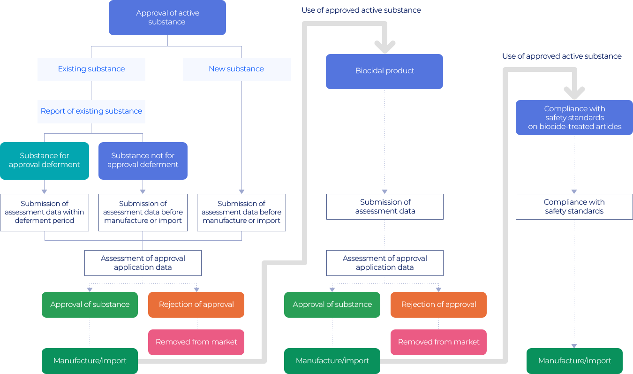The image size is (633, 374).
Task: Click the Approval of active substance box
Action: click(167, 18)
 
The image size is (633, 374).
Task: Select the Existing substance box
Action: click(91, 69)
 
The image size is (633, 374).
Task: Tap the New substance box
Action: click(236, 69)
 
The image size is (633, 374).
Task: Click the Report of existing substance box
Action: click(91, 111)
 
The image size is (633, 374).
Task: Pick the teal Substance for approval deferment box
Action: click(45, 160)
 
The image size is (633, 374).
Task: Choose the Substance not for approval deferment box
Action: click(143, 160)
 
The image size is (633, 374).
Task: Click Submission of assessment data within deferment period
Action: click(45, 212)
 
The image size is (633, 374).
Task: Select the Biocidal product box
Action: click(384, 71)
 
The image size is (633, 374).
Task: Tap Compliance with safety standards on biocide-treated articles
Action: click(574, 117)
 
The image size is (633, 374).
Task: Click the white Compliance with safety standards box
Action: click(574, 206)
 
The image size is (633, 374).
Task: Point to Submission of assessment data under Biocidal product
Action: click(385, 206)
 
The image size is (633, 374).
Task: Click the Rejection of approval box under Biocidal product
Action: click(438, 305)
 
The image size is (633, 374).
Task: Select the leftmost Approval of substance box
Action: click(90, 305)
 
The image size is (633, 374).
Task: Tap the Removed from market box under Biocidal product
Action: click(438, 342)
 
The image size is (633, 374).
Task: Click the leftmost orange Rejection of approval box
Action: click(196, 305)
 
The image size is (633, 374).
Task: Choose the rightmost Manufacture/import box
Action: click(574, 360)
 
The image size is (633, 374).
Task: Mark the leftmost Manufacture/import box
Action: click(90, 360)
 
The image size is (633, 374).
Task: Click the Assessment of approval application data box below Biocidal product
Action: click(385, 263)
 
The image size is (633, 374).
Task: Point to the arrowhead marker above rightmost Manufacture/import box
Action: click(574, 346)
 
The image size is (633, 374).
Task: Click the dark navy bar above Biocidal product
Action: click(361, 10)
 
